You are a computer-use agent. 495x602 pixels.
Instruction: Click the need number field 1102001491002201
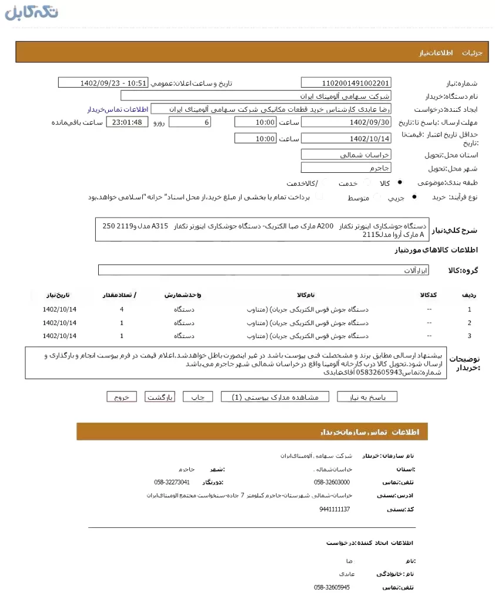click(x=346, y=83)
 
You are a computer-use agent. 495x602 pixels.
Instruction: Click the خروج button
click(x=122, y=397)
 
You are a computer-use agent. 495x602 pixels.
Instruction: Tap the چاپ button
click(x=198, y=397)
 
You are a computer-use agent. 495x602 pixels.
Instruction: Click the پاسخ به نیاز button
click(x=367, y=397)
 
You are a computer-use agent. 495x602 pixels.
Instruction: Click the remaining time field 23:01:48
click(x=127, y=122)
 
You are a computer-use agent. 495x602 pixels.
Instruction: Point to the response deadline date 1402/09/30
click(x=346, y=122)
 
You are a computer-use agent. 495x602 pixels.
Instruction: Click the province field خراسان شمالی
click(x=346, y=155)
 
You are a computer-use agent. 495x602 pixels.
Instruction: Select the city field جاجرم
click(x=346, y=168)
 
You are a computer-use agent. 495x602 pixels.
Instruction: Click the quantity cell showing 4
click(x=122, y=309)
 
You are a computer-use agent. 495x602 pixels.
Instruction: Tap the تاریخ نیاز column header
click(x=59, y=294)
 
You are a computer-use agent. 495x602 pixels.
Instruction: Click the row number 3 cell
click(x=469, y=336)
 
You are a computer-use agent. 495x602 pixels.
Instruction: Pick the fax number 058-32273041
click(x=172, y=482)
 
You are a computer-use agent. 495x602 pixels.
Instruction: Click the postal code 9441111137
click(x=335, y=509)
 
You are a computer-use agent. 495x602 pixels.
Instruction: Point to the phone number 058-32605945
click(x=332, y=587)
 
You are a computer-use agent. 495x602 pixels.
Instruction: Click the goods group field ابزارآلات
click(x=263, y=270)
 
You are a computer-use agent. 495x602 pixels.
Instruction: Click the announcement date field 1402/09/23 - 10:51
click(x=103, y=83)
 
